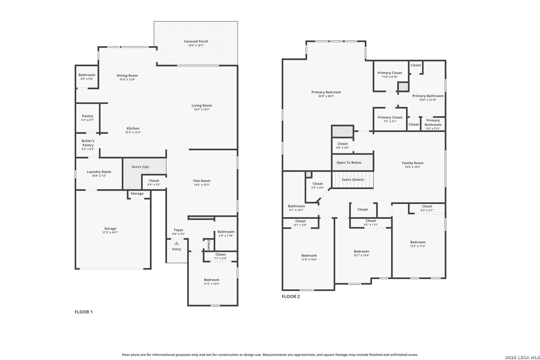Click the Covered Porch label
pos(196,41)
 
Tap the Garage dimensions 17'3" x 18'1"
pos(110,232)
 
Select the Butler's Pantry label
pos(88,143)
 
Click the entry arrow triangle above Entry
pos(177,243)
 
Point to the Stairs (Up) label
pos(140,167)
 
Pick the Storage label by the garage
pos(137,193)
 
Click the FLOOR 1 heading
pos(84,312)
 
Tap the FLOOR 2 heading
pos(291,296)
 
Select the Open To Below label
pos(349,163)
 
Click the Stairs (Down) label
pos(353,180)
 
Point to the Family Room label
pos(412,163)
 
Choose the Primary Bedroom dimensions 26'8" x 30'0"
pos(326,96)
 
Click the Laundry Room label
pos(99,172)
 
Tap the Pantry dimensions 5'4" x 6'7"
pos(88,120)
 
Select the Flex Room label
pos(202,181)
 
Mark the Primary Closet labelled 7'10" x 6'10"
pos(390,73)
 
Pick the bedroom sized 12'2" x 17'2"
pos(418,242)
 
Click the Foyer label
pos(179,230)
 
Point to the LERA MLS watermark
pos(522,357)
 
